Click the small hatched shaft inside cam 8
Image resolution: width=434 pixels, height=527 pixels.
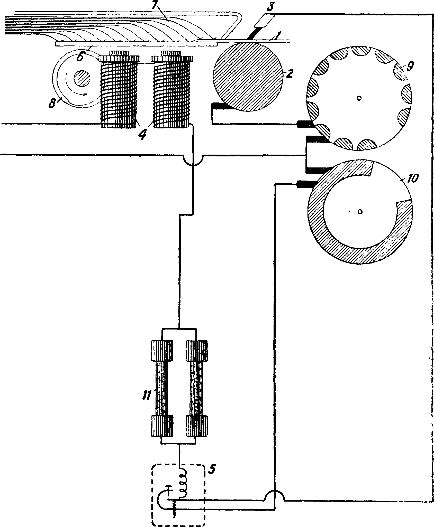[82, 78]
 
